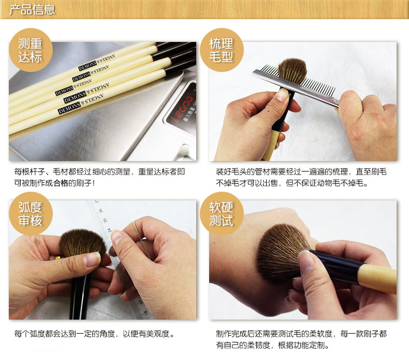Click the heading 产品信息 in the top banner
[x=32, y=10]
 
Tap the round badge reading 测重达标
[x=31, y=50]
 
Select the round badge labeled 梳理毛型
[x=222, y=50]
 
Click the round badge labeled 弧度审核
[x=31, y=213]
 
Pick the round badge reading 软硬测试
[x=222, y=213]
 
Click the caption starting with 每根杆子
[x=99, y=177]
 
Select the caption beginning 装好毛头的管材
[x=301, y=177]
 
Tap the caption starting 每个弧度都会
[x=94, y=334]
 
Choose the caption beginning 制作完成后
[x=301, y=339]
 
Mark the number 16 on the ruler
[x=145, y=312]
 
